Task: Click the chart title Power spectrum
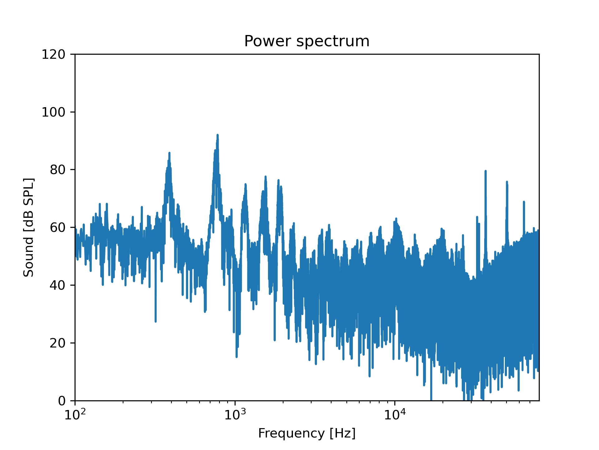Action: [307, 41]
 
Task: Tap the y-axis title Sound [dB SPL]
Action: [29, 227]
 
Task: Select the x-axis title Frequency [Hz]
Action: [307, 433]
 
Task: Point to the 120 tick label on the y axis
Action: [53, 54]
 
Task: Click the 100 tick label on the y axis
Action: [53, 112]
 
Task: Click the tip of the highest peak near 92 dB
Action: [217, 135]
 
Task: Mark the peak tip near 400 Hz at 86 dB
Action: [169, 153]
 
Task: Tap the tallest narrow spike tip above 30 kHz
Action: [485, 171]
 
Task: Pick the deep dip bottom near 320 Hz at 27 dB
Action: [155, 321]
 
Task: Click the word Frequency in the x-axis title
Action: [291, 433]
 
